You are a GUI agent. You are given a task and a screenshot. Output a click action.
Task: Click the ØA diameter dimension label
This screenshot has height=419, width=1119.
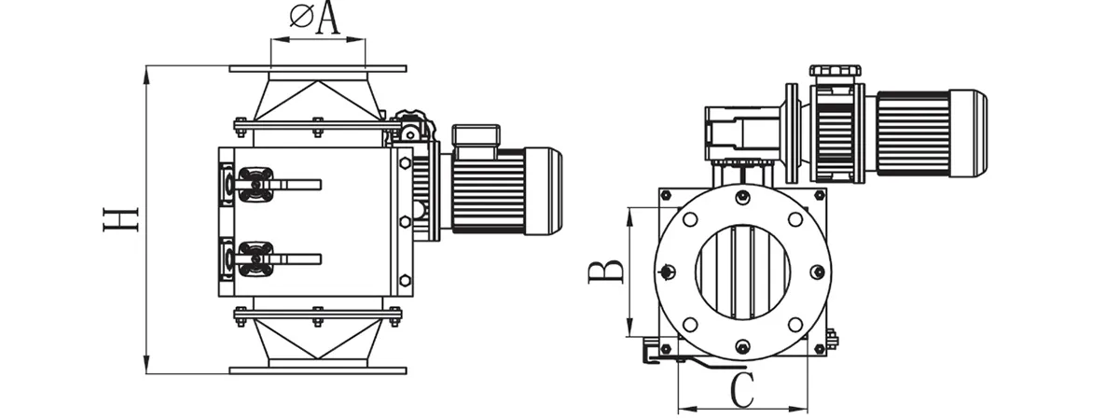314,19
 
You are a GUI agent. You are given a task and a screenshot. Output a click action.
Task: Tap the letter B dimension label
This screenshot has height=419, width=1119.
607,271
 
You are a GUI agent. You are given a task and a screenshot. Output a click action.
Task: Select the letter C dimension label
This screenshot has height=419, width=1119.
741,391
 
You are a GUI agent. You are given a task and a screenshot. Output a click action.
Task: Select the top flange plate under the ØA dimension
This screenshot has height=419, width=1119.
318,68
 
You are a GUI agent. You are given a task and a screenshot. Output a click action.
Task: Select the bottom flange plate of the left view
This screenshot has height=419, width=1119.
318,370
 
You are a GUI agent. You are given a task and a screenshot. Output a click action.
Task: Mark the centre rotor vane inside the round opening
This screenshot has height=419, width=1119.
742,271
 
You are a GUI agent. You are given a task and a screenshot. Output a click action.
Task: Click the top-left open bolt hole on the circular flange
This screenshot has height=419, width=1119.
689,220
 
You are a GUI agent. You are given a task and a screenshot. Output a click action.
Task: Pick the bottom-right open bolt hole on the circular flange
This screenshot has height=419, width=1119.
795,323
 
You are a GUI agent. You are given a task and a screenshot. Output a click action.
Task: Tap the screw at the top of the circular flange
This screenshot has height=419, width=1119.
742,196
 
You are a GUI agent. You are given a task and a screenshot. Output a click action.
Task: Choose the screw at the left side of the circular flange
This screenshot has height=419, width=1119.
667,272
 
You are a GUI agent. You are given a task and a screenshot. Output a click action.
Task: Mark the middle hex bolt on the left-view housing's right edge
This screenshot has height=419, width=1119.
404,221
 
